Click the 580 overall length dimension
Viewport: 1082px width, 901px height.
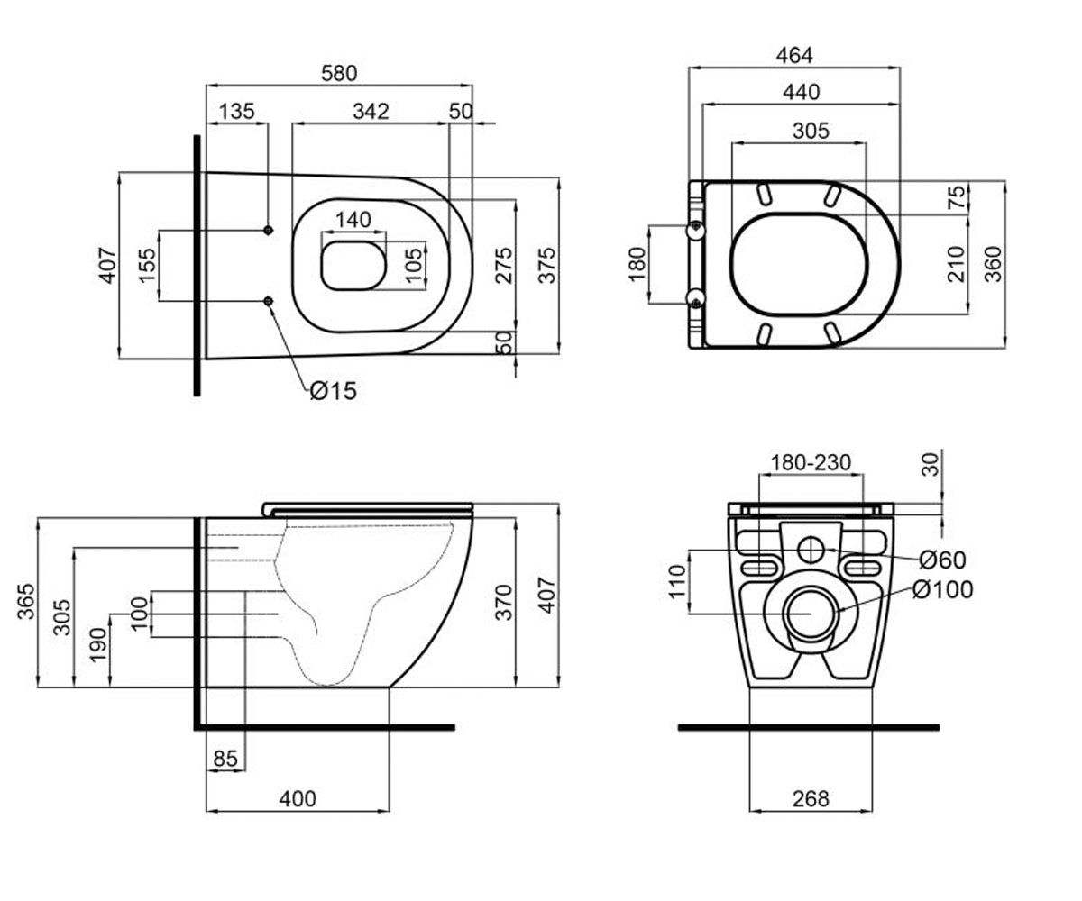pyautogui.click(x=339, y=74)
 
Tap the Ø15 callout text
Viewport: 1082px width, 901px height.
pyautogui.click(x=334, y=391)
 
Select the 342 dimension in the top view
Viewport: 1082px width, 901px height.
pyautogui.click(x=371, y=112)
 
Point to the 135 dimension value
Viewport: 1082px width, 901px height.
pyautogui.click(x=237, y=112)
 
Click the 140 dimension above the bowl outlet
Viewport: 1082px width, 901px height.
pyautogui.click(x=353, y=220)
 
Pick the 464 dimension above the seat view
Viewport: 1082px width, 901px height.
pyautogui.click(x=794, y=55)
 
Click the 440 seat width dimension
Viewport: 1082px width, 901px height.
pyautogui.click(x=802, y=92)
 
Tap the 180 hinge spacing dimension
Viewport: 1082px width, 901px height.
pyautogui.click(x=637, y=264)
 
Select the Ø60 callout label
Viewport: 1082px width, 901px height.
pyautogui.click(x=943, y=560)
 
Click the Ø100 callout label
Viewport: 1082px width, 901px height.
pyautogui.click(x=943, y=589)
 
